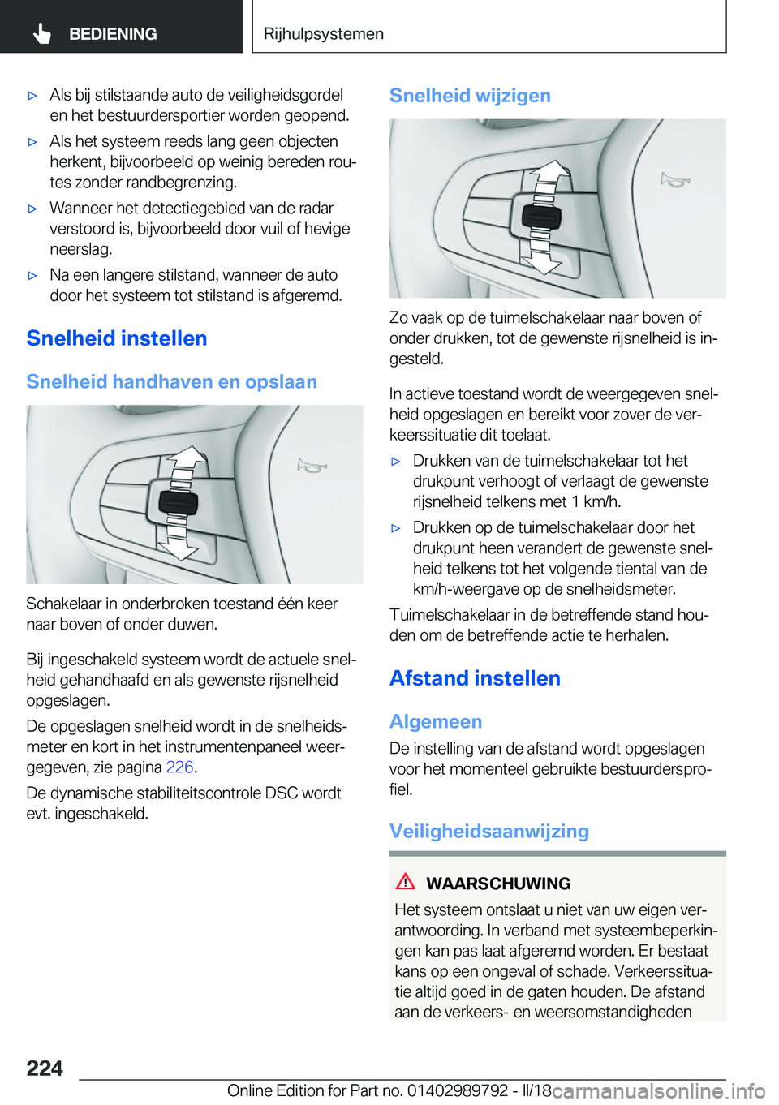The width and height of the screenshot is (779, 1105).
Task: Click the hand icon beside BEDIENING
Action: point(42,33)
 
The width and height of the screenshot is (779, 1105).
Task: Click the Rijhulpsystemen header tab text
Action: point(324,34)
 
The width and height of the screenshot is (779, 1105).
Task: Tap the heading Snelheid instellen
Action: point(117,338)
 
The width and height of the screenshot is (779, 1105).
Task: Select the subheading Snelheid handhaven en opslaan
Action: point(171,381)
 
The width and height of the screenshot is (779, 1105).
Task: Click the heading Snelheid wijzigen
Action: point(470,96)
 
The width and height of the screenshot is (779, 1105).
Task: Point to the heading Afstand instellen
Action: point(475,678)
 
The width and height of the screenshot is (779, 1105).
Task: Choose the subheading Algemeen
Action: point(436,721)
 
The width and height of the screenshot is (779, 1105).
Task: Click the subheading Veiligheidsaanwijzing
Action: point(489,831)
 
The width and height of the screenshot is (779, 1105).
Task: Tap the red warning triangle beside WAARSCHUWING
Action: point(406,881)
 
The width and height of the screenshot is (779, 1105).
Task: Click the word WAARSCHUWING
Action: point(498,884)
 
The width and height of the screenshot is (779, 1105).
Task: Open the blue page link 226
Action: point(179,767)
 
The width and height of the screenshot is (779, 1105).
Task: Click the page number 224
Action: point(45,1068)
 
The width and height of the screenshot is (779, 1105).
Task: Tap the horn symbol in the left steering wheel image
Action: point(312,466)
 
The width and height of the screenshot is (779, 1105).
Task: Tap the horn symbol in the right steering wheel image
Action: point(675,179)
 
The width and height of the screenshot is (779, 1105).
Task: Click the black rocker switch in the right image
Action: point(541,217)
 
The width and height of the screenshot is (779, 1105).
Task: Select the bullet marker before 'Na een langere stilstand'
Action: point(33,276)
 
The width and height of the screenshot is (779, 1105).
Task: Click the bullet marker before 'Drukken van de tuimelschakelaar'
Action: point(396,462)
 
